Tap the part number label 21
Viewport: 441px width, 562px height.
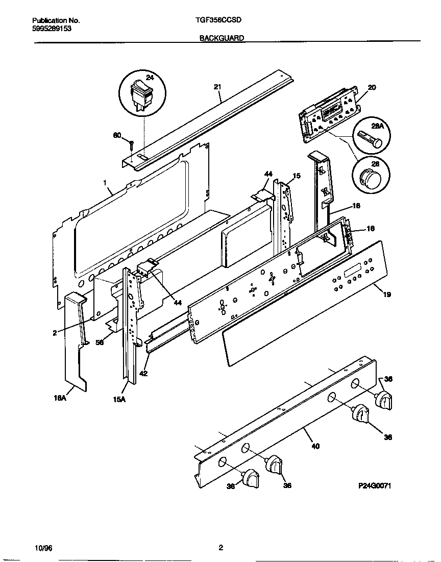(x=217, y=87)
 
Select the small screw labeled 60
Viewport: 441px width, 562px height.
(x=132, y=143)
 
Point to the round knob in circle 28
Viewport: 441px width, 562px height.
(x=370, y=178)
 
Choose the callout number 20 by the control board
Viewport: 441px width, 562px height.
(x=372, y=87)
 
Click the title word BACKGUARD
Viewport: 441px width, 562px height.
(x=222, y=38)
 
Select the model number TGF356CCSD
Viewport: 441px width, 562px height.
(x=218, y=20)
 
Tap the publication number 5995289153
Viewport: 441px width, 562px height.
(x=52, y=29)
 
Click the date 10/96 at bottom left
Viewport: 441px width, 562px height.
(x=44, y=548)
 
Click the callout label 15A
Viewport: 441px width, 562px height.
(x=119, y=400)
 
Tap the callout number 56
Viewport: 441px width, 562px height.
(x=100, y=343)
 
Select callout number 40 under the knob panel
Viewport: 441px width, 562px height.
(x=315, y=446)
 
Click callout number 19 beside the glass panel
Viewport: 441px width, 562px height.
(x=387, y=295)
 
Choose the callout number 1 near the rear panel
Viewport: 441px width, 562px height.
(x=104, y=182)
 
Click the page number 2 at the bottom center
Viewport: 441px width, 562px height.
(x=220, y=548)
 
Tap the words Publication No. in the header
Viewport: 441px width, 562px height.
(x=56, y=20)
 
